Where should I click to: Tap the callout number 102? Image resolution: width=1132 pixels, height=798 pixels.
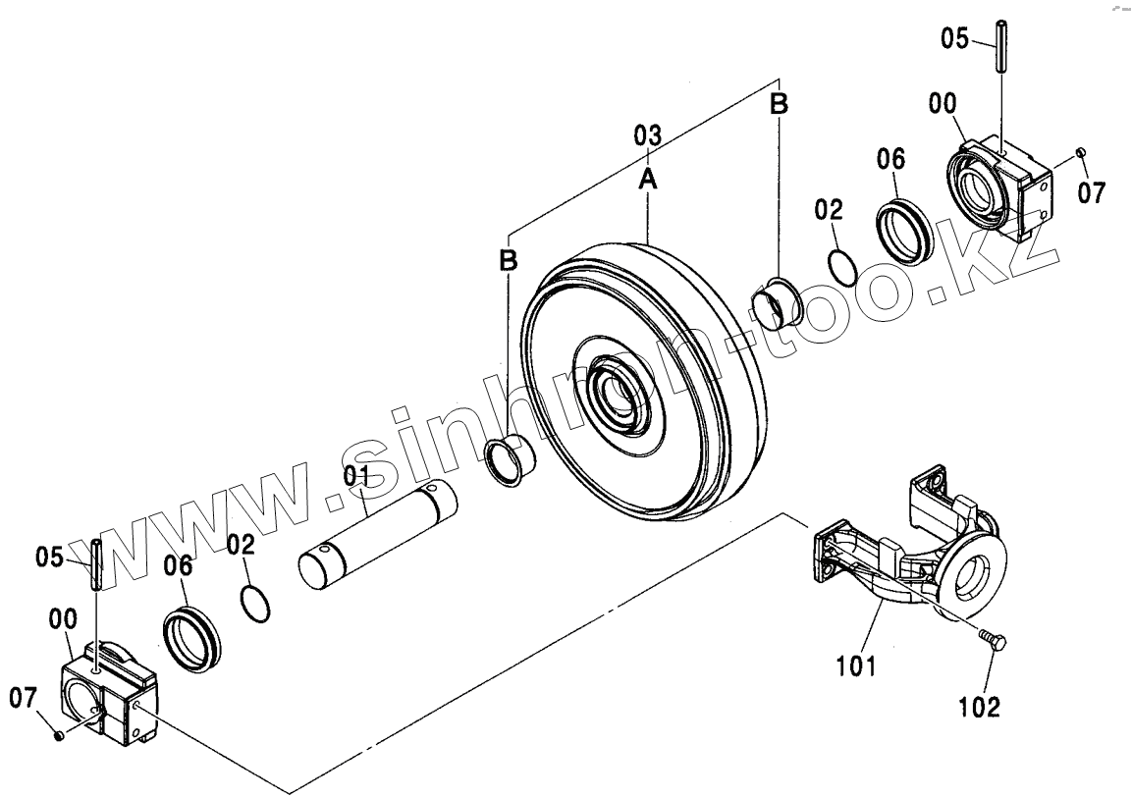pos(980,705)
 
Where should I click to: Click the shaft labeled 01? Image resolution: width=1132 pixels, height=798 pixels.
pos(377,536)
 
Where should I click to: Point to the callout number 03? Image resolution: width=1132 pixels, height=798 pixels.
pos(647,135)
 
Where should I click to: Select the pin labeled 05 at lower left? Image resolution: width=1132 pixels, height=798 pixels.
pos(96,565)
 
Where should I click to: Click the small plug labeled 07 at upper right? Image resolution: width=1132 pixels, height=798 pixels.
pos(1079,151)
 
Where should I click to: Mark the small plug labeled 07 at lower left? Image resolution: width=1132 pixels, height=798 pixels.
pos(58,735)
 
